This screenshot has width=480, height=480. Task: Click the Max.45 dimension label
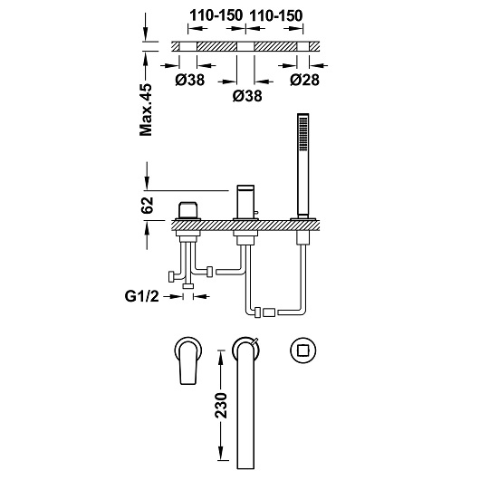point(146,110)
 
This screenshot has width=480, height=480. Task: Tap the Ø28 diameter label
point(304,80)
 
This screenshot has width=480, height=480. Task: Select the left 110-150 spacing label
point(216,15)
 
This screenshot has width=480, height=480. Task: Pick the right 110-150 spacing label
point(276,15)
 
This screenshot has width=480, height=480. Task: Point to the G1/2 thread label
point(141,296)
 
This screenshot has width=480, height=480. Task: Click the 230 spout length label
point(221,406)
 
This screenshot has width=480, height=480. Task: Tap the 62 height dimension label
point(147,206)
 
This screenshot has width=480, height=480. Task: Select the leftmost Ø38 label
point(190,80)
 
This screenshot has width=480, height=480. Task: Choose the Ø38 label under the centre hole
point(247,96)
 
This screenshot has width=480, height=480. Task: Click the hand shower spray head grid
point(303,134)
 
